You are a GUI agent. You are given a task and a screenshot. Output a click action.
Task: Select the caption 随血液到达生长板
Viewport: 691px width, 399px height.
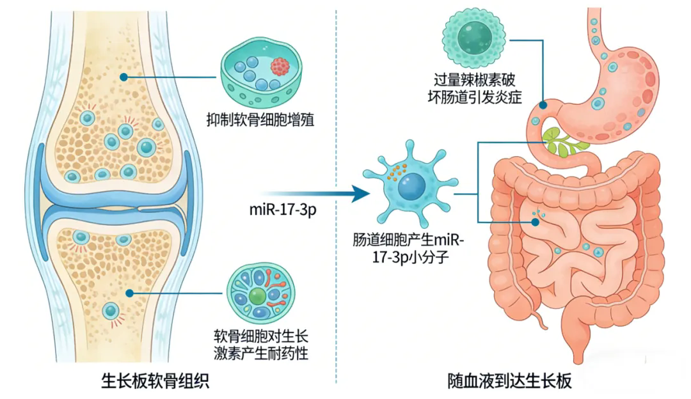coord(509,382)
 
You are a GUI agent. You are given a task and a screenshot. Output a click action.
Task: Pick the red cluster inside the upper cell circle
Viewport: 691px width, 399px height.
coord(280,66)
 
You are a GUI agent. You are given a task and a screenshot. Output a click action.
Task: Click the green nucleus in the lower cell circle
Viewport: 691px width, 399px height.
coord(257,295)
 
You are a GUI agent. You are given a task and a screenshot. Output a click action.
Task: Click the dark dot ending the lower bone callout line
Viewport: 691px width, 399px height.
coord(130,293)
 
